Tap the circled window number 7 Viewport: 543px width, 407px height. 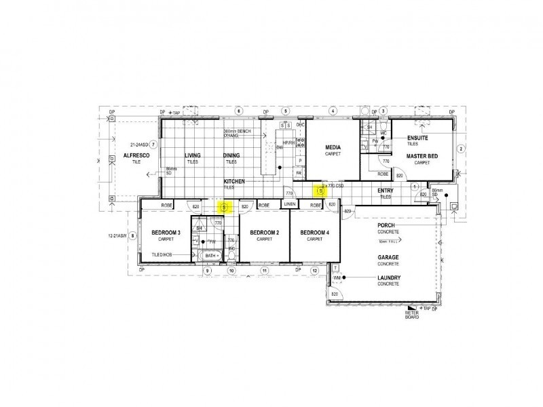tap(153, 144)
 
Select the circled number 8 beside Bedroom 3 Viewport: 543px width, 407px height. tap(133, 235)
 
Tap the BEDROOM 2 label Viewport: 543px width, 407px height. tap(265, 233)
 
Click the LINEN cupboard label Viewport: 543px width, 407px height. tap(290, 204)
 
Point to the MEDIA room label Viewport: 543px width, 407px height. tap(333, 147)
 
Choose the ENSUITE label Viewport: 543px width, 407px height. tap(417, 138)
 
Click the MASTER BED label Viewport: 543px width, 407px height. tap(422, 155)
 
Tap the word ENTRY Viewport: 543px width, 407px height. tap(386, 191)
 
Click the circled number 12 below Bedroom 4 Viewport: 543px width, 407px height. tap(315, 270)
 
